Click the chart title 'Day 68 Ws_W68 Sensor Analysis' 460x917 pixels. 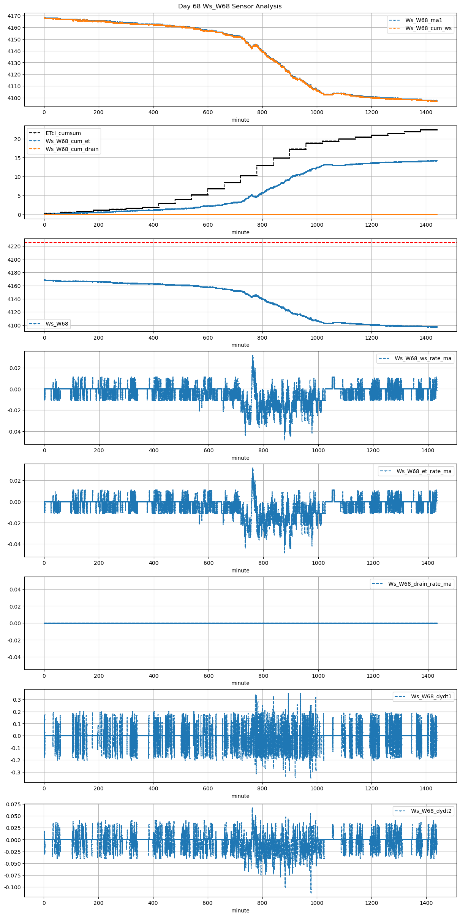coord(230,6)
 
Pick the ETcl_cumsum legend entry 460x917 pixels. coord(63,133)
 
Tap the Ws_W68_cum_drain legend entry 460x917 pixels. coord(72,149)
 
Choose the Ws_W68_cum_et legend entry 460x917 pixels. coord(68,141)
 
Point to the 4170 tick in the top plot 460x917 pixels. coord(14,16)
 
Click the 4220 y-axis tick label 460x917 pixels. coord(14,246)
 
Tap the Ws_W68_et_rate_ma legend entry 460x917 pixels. coord(424,471)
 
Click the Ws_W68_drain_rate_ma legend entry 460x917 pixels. coord(420,584)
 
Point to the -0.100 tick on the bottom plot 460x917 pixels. coord(13,887)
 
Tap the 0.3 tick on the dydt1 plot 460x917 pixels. coord(17,699)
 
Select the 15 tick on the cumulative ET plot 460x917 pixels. coord(17,158)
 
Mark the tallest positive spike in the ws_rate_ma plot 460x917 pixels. coord(253,356)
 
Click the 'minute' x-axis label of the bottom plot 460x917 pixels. coord(240,911)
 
